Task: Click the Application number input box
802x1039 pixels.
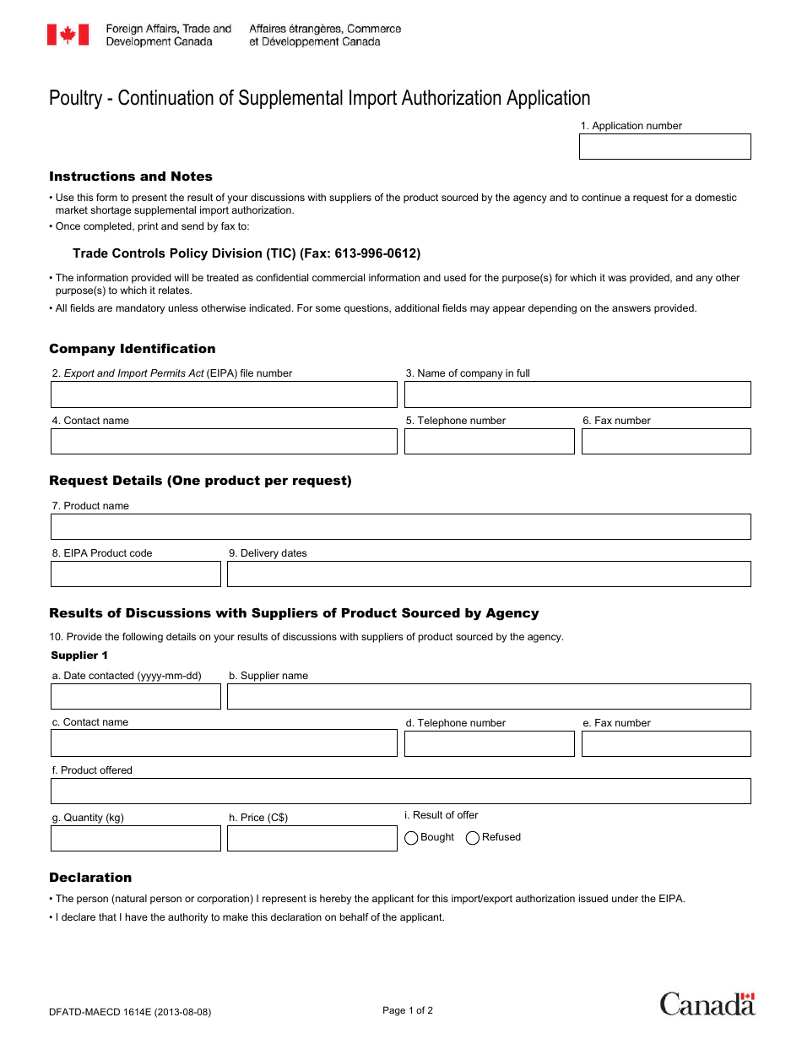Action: tap(664, 146)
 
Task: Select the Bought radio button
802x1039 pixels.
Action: tap(412, 838)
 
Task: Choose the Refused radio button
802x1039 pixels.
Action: tap(473, 838)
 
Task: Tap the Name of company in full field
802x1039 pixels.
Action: tap(577, 394)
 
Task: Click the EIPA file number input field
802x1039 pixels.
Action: tap(224, 394)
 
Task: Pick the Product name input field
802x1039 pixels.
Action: tap(400, 526)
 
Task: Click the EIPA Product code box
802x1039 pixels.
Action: tap(135, 574)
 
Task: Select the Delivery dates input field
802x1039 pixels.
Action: tap(489, 574)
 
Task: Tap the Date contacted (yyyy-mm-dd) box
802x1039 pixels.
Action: tap(135, 696)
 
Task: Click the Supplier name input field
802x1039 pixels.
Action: tap(489, 696)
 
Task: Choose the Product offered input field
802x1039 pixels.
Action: tap(400, 791)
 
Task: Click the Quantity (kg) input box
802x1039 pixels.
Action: tap(135, 838)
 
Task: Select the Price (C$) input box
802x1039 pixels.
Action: tap(312, 838)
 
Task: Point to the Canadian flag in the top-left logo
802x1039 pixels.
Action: tap(68, 35)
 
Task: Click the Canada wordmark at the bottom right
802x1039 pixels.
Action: tap(707, 1004)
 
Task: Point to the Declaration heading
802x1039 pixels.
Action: tap(90, 878)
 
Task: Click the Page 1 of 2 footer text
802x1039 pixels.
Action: tap(408, 1010)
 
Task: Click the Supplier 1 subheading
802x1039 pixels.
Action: tap(79, 655)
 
